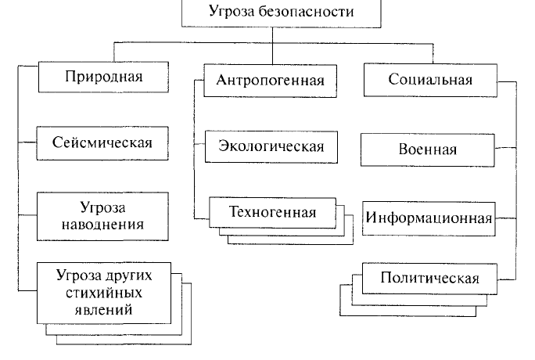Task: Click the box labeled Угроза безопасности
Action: pos(281,13)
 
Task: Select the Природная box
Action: pos(103,77)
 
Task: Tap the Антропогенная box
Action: pos(270,81)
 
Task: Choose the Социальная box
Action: pos(430,80)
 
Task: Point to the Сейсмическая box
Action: pos(102,143)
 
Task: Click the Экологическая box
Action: pos(271,146)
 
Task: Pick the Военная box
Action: pos(428,150)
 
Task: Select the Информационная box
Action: pos(429,218)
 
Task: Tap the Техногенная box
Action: pos(273,212)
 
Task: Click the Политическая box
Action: pos(429,279)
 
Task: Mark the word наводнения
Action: pos(102,225)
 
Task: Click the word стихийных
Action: pos(104,293)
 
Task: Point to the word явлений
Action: pos(103,309)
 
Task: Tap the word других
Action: pos(128,275)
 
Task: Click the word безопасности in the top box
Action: pos(306,11)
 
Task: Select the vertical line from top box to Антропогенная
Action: pos(273,45)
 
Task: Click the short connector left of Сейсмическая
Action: pos(27,142)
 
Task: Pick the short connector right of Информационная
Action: pos(505,218)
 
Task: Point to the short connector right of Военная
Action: pos(505,148)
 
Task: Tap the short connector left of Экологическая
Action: pos(199,144)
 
